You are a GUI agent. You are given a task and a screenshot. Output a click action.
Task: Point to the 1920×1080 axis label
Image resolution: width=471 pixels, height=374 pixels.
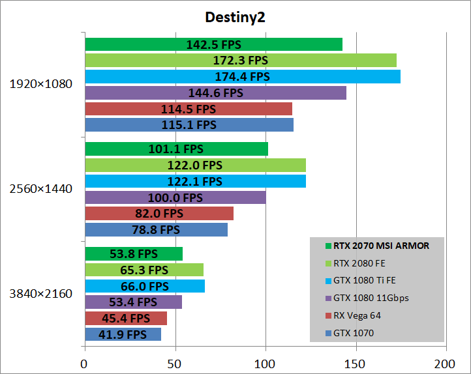pos(41,84)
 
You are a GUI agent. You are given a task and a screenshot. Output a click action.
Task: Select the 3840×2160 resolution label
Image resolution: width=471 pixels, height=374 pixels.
pos(41,294)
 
